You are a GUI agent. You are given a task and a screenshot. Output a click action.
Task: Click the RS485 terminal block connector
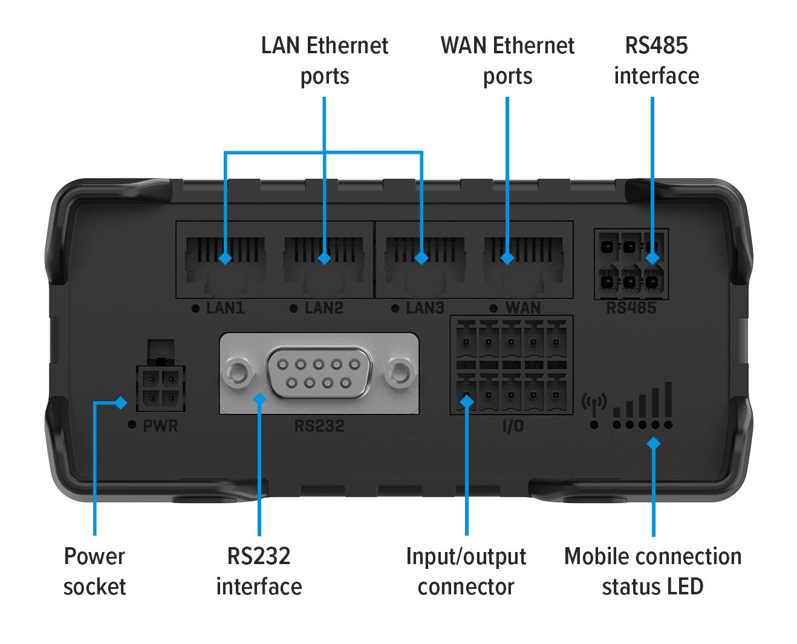click(631, 264)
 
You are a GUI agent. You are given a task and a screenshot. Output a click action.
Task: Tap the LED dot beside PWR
click(132, 425)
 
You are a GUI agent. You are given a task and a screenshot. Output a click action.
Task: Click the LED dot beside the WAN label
click(493, 308)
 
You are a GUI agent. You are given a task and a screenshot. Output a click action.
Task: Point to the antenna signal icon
click(594, 404)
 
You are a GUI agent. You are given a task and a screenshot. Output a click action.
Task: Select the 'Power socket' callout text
click(94, 571)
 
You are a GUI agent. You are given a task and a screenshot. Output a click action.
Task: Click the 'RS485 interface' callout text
click(656, 61)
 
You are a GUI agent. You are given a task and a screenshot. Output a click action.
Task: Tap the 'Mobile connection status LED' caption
click(652, 571)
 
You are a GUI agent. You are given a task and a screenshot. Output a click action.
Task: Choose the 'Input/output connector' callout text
click(466, 571)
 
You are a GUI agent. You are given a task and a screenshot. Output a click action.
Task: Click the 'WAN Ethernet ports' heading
click(507, 61)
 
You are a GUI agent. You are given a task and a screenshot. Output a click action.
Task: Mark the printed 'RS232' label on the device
click(319, 426)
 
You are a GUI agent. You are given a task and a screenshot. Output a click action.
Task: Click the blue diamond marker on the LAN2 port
click(325, 258)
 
